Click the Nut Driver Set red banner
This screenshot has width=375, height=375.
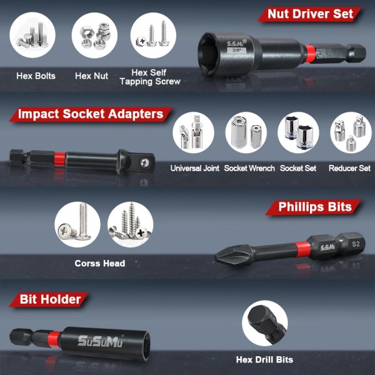pyautogui.click(x=310, y=14)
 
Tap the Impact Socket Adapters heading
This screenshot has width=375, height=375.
pyautogui.click(x=91, y=114)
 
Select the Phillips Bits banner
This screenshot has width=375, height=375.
pyautogui.click(x=313, y=207)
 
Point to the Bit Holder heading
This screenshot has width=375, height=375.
pyautogui.click(x=49, y=299)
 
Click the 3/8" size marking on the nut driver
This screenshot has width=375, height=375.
pyautogui.click(x=236, y=50)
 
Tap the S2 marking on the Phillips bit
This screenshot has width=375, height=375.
pyautogui.click(x=356, y=244)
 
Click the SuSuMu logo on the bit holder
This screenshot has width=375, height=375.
pyautogui.click(x=100, y=341)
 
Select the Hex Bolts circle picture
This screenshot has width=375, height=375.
pyautogui.click(x=32, y=35)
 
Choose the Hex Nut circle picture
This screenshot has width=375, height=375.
pyautogui.click(x=94, y=35)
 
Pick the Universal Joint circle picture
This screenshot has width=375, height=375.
pyautogui.click(x=193, y=132)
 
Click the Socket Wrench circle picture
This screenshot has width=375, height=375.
pyautogui.click(x=246, y=132)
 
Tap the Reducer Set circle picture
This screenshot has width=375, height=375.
pyautogui.click(x=351, y=132)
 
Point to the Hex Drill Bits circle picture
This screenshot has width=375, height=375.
pyautogui.click(x=265, y=323)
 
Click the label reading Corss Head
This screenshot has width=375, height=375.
pyautogui.click(x=100, y=263)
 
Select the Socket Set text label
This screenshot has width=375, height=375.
pyautogui.click(x=298, y=168)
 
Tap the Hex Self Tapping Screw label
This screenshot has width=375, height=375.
pyautogui.click(x=150, y=77)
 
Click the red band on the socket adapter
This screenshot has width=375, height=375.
pyautogui.click(x=59, y=159)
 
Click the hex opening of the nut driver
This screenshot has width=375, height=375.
pyautogui.click(x=207, y=53)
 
